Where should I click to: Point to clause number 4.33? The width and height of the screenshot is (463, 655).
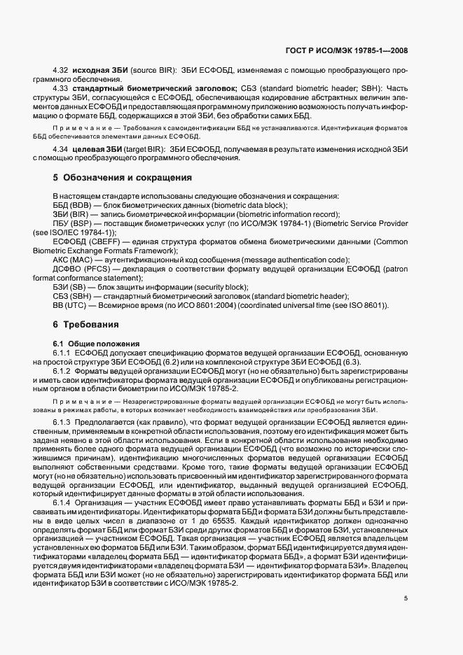click(x=61, y=88)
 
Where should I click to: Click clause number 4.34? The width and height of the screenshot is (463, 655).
click(x=61, y=150)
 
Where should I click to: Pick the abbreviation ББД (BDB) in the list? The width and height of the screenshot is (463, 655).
click(x=67, y=205)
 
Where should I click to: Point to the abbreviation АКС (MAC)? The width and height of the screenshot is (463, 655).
click(x=68, y=259)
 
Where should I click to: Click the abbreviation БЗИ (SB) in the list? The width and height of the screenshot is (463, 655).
click(x=66, y=286)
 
